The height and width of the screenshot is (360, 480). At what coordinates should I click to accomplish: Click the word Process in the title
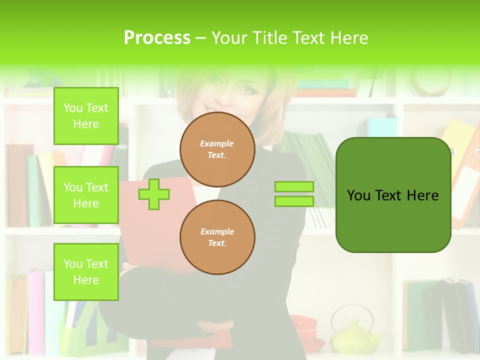click(x=157, y=37)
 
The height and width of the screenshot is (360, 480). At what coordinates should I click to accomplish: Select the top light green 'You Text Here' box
click(x=86, y=116)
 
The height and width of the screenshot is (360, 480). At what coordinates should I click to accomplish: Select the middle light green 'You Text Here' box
click(x=86, y=195)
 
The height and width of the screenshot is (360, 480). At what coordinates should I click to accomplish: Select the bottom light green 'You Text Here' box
click(x=86, y=271)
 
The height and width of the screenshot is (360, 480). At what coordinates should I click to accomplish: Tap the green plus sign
click(x=154, y=194)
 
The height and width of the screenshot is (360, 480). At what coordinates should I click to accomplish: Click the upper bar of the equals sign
click(x=294, y=186)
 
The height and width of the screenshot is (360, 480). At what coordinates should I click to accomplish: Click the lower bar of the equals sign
click(x=294, y=201)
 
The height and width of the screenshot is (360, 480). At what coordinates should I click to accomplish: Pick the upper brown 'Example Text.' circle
click(x=217, y=149)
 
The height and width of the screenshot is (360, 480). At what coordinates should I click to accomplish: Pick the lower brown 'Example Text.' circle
click(x=217, y=237)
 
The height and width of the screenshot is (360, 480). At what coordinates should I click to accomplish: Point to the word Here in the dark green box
click(x=422, y=195)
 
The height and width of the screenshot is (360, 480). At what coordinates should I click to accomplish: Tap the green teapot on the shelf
click(x=356, y=335)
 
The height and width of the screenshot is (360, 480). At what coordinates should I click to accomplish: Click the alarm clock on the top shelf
click(x=431, y=80)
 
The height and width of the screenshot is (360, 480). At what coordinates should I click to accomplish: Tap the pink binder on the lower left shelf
click(x=35, y=310)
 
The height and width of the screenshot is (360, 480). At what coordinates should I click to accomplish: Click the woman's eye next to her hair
click(x=248, y=89)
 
